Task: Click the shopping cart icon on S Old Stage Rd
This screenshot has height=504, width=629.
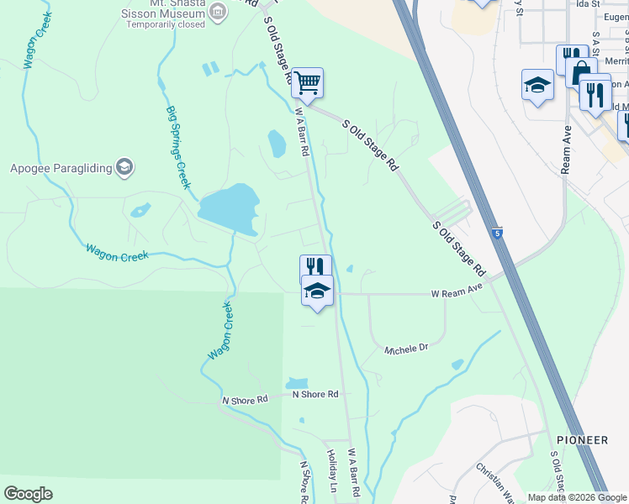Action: tap(308, 82)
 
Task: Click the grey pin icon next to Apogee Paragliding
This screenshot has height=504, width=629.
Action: tap(125, 168)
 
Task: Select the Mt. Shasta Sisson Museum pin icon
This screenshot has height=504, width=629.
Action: tap(217, 11)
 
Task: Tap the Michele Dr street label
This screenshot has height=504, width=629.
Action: tap(406, 348)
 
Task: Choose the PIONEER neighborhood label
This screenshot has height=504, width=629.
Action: tap(582, 440)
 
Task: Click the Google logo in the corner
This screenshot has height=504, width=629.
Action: tap(28, 494)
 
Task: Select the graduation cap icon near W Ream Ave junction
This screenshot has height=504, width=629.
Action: tap(317, 291)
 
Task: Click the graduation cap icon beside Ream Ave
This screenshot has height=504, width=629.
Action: tap(537, 84)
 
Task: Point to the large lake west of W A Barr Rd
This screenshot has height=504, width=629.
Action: tap(228, 207)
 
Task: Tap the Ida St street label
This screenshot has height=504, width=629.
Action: tap(588, 4)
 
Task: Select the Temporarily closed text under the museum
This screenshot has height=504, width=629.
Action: tap(166, 24)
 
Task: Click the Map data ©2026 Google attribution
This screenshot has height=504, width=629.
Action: tap(577, 497)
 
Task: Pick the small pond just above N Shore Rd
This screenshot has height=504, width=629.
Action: tap(297, 384)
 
